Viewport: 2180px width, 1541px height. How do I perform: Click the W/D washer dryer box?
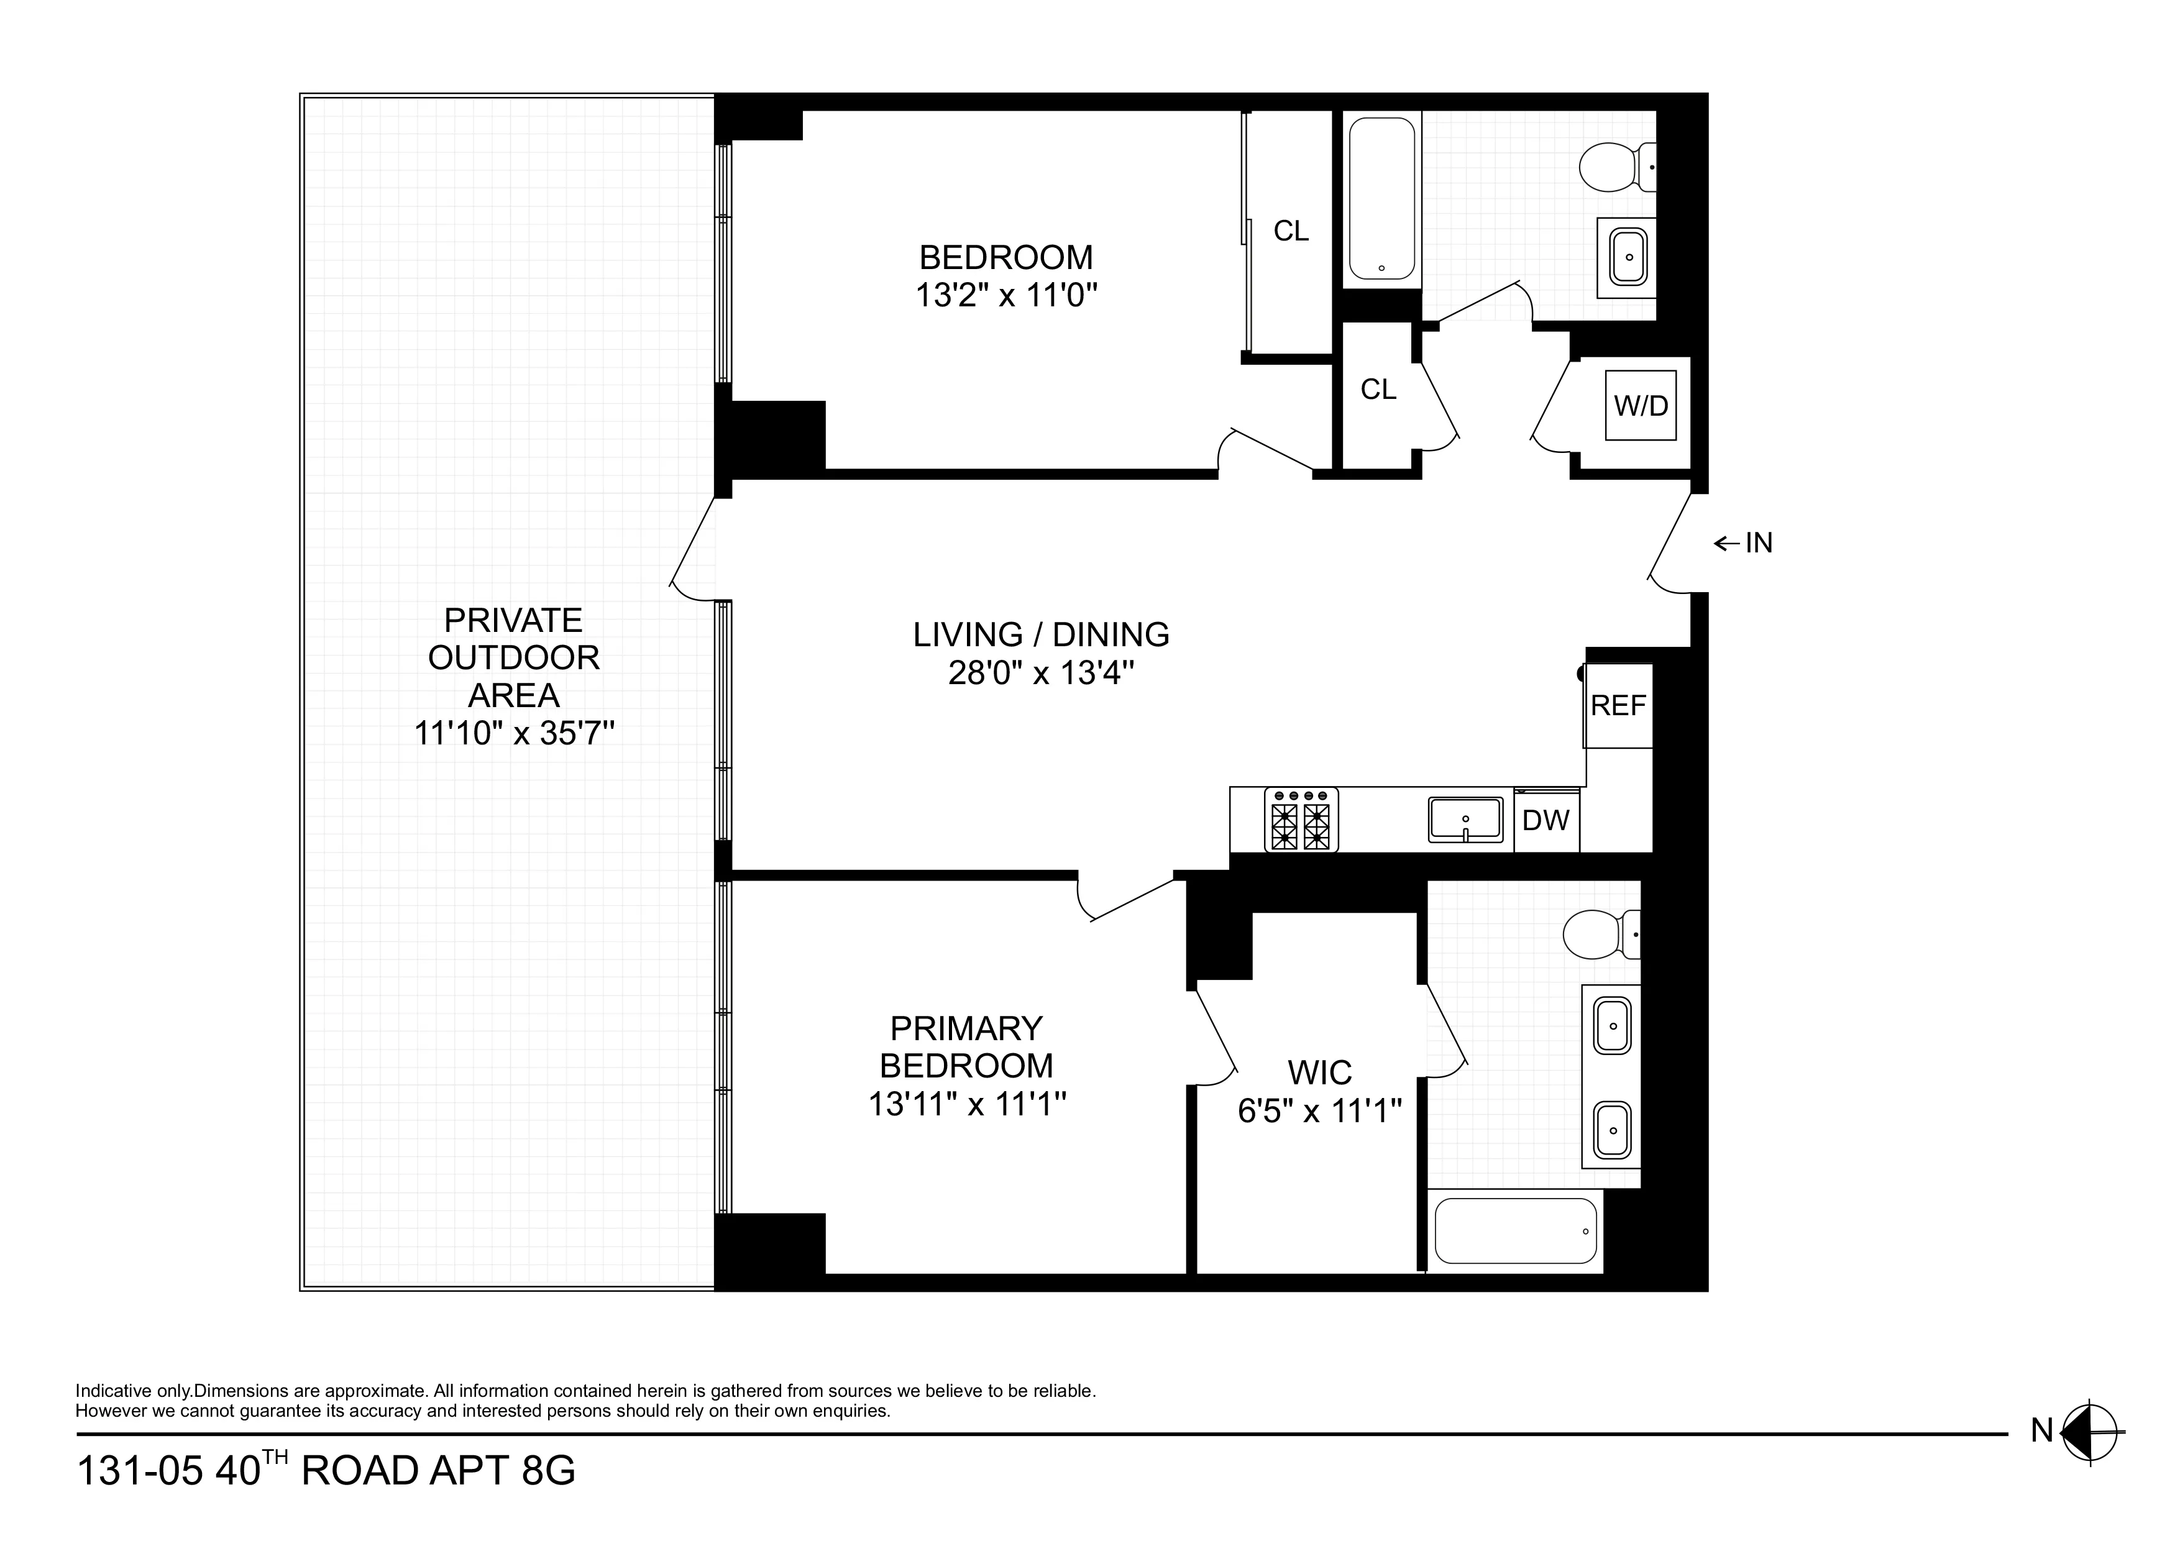tap(1641, 405)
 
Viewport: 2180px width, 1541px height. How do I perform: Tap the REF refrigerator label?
tap(1618, 705)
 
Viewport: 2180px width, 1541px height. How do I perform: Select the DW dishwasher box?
tap(1546, 820)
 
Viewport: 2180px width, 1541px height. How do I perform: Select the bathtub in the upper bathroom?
tap(1381, 198)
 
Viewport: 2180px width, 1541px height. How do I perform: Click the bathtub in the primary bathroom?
tap(1515, 1230)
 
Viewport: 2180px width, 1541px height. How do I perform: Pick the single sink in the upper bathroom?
tap(1629, 257)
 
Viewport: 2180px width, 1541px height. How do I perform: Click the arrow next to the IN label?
tap(1725, 543)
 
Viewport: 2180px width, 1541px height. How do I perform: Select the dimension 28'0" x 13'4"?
tap(1042, 673)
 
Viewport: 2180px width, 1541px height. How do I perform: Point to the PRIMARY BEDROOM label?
tap(966, 1046)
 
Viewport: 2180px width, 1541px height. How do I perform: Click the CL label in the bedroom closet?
tap(1290, 231)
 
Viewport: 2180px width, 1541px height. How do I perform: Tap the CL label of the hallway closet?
tap(1378, 389)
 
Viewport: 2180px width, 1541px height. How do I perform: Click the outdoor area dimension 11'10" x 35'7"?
tap(514, 733)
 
